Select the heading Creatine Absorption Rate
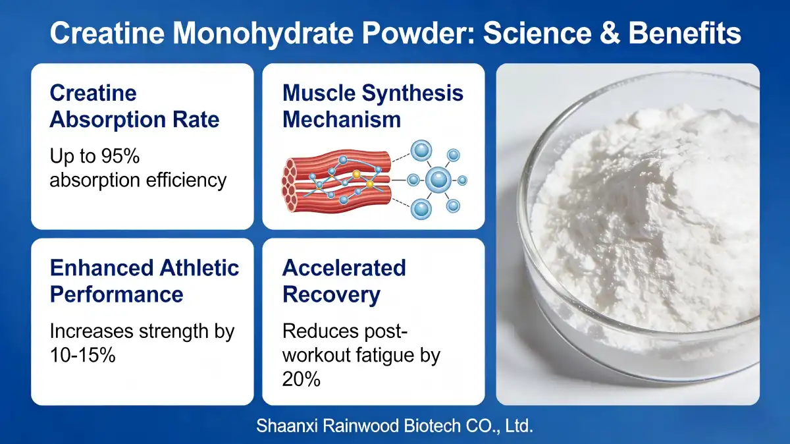(134, 106)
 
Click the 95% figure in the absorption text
(125, 157)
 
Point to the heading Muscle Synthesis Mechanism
(373, 106)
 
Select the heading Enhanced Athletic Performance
(144, 281)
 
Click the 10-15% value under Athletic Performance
(82, 355)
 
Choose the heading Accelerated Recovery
(344, 281)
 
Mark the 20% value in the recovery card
(301, 379)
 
